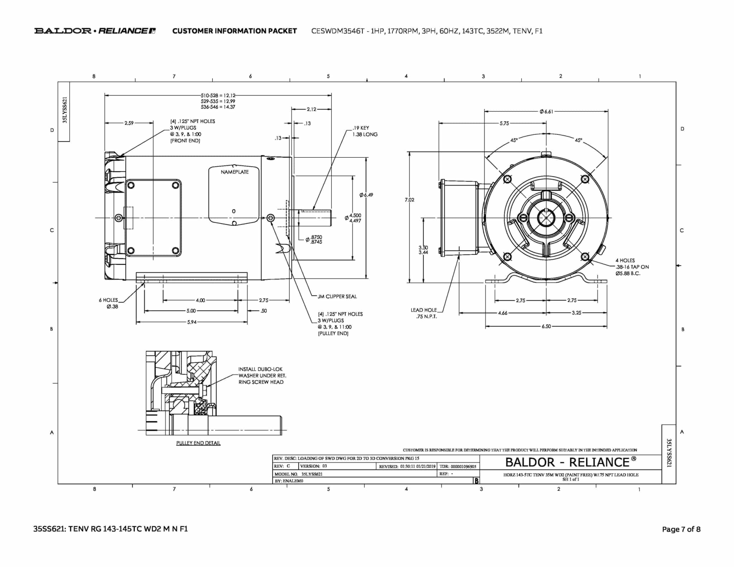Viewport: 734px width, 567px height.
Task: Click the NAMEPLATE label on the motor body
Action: pos(234,172)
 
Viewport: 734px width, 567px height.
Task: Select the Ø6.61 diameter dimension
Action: pos(546,111)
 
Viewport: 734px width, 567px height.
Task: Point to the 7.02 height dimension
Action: pos(409,200)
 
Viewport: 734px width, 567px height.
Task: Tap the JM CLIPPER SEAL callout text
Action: pos(337,296)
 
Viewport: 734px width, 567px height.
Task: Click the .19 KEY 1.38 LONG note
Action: pos(364,131)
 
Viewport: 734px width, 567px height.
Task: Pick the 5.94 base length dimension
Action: pos(192,322)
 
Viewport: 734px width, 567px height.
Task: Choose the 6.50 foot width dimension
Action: pos(546,327)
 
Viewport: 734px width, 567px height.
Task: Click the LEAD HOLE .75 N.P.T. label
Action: pos(424,313)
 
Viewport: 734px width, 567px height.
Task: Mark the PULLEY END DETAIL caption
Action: pos(198,443)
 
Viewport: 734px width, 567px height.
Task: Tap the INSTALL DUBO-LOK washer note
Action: pos(262,376)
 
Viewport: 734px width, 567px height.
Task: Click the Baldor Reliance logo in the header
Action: pos(95,31)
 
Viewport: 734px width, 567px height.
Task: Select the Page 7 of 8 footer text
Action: pos(681,529)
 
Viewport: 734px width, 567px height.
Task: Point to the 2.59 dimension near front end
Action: pos(129,123)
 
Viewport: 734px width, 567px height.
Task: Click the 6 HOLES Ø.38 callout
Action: pos(109,303)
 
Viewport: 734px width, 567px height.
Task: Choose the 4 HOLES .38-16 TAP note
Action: pos(632,267)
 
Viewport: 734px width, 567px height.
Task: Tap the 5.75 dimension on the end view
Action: pos(504,123)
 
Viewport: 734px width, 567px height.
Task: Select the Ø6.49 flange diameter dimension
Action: pos(366,195)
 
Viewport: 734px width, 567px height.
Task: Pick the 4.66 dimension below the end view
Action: pos(502,313)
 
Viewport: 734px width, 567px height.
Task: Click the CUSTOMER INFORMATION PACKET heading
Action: pos(234,31)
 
